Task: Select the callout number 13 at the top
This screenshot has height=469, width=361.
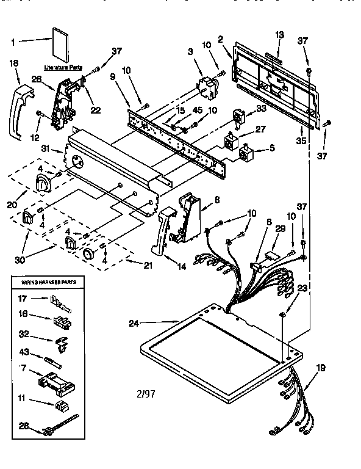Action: pos(280,35)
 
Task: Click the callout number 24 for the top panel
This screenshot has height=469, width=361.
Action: pos(135,323)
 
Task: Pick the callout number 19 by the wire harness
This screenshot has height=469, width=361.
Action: pos(321,368)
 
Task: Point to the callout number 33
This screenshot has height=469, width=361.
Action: pos(261,109)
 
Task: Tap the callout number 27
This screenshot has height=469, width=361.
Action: pos(261,129)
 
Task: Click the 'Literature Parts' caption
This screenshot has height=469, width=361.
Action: pos(63,68)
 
